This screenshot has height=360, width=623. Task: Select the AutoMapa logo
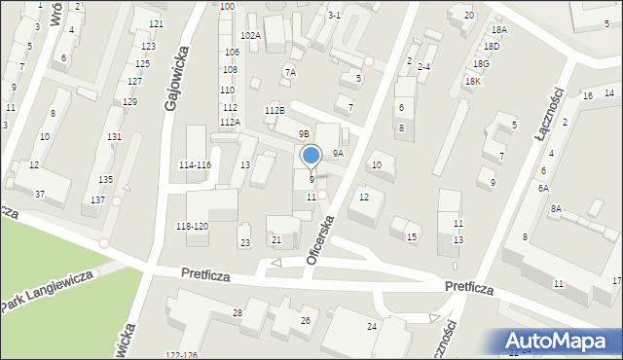(560, 341)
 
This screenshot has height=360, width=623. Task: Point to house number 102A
(251, 35)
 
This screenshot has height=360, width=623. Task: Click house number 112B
(275, 111)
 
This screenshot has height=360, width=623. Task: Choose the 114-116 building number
(195, 165)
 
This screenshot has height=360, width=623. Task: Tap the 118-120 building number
(191, 226)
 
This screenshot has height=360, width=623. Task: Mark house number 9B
(304, 133)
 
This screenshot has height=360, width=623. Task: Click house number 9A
(338, 153)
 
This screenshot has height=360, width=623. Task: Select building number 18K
(473, 82)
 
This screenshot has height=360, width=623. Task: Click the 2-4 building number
(423, 67)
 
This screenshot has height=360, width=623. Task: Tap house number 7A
(290, 73)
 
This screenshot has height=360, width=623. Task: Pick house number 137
(97, 199)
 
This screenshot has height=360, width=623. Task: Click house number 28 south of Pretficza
(238, 311)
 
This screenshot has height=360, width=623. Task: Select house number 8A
(556, 209)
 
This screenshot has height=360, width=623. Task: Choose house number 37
(40, 195)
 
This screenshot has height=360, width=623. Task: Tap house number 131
(114, 137)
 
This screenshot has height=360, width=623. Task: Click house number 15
(412, 237)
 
